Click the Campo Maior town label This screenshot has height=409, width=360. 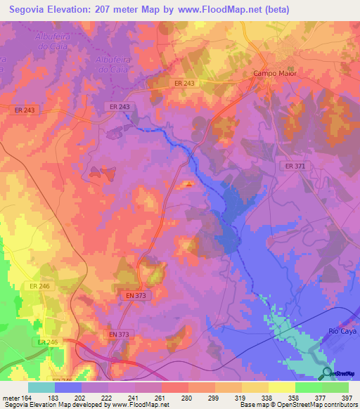coord(275,73)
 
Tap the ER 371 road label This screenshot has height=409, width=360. coord(295,166)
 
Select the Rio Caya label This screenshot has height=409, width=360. coord(343,330)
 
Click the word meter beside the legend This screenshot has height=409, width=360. coord(11,397)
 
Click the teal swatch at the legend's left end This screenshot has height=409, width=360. coord(41,387)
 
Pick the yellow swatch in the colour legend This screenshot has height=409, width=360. coord(281,387)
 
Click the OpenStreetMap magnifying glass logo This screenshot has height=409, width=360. coord(328,374)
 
